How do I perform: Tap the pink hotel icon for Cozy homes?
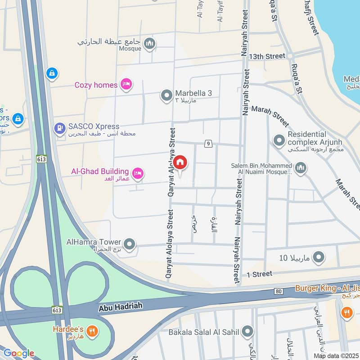click(x=126, y=85)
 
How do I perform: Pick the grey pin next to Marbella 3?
click(x=166, y=95)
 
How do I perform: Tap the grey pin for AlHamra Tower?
click(x=130, y=244)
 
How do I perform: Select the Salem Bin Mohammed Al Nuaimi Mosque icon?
click(x=300, y=168)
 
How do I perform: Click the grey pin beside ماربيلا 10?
click(x=319, y=257)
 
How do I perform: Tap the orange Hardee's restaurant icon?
click(x=92, y=332)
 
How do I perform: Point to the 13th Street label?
click(x=270, y=56)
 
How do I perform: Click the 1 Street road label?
click(x=259, y=274)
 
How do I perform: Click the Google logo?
click(x=18, y=353)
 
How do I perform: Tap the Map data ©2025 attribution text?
click(x=335, y=355)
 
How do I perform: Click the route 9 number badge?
click(x=208, y=144)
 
